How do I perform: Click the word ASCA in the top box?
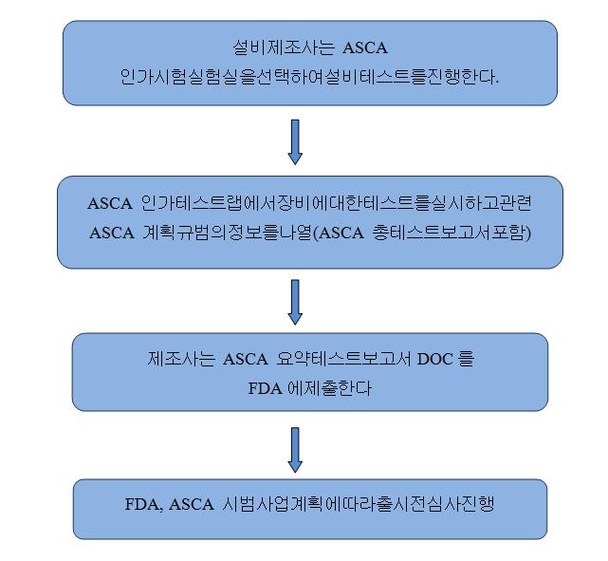tap(365, 48)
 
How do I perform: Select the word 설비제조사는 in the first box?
tap(284, 47)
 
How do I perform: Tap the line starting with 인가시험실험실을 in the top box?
tap(309, 77)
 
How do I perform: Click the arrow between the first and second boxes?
tap(295, 142)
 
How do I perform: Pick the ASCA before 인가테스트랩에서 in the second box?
tap(110, 204)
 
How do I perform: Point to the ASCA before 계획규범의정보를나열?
tap(112, 233)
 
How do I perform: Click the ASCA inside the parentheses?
tap(341, 233)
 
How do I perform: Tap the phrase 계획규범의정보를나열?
tap(228, 233)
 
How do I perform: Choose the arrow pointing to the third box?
tap(295, 302)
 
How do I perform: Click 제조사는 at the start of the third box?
tap(181, 359)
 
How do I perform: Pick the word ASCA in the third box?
tap(246, 359)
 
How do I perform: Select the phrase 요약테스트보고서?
tap(343, 359)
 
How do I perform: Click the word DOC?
tap(435, 359)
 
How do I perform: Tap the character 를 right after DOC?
tap(467, 359)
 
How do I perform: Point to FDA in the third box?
tap(265, 388)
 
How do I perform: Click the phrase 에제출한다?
tap(329, 387)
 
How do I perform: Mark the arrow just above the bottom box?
tap(295, 450)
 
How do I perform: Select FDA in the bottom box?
tap(142, 504)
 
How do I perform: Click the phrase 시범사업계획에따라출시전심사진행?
tap(359, 504)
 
